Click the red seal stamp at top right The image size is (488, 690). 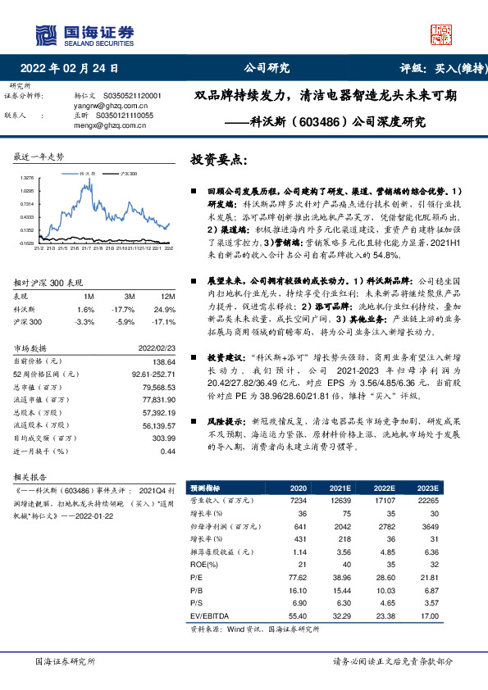(441, 34)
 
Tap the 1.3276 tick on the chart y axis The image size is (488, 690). (26, 178)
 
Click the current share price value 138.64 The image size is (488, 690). (164, 361)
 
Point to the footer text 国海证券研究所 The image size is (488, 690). (66, 660)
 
